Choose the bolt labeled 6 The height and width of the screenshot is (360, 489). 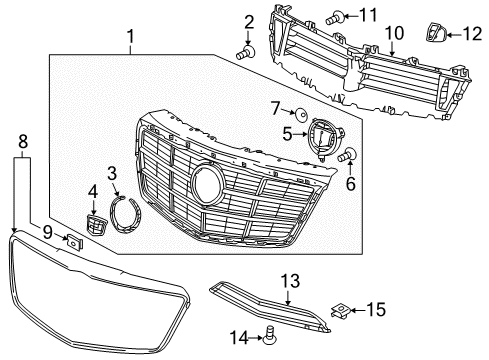click(349, 156)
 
